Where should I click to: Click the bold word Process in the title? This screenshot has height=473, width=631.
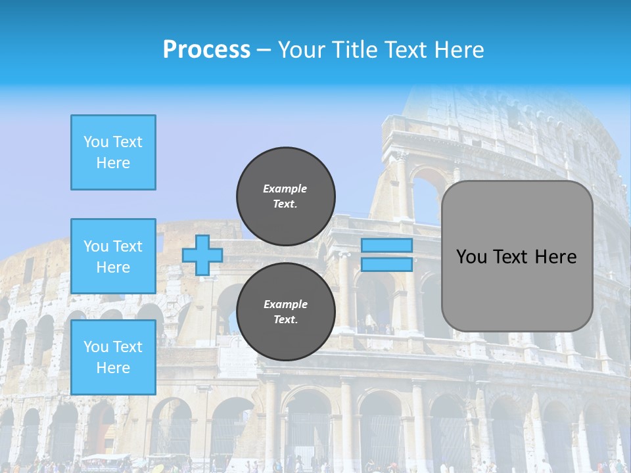pyautogui.click(x=206, y=50)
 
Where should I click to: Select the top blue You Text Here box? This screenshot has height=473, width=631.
pyautogui.click(x=113, y=152)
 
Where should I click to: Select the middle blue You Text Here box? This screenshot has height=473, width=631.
pyautogui.click(x=113, y=256)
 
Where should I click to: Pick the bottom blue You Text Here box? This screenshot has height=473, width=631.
pyautogui.click(x=113, y=357)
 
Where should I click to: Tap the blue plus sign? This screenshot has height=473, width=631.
pyautogui.click(x=202, y=256)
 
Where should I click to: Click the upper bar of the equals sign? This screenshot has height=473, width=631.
pyautogui.click(x=387, y=246)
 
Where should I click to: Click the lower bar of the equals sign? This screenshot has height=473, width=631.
pyautogui.click(x=387, y=264)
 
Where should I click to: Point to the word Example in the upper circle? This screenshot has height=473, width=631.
pyautogui.click(x=285, y=189)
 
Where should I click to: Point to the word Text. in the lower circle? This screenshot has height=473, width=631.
pyautogui.click(x=285, y=320)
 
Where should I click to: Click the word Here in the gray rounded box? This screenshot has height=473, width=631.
pyautogui.click(x=555, y=257)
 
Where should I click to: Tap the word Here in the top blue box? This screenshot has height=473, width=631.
pyautogui.click(x=113, y=163)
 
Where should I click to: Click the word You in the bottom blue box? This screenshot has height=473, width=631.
pyautogui.click(x=95, y=347)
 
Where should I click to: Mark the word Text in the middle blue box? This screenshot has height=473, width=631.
pyautogui.click(x=127, y=246)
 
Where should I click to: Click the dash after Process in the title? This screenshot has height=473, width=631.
pyautogui.click(x=264, y=50)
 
